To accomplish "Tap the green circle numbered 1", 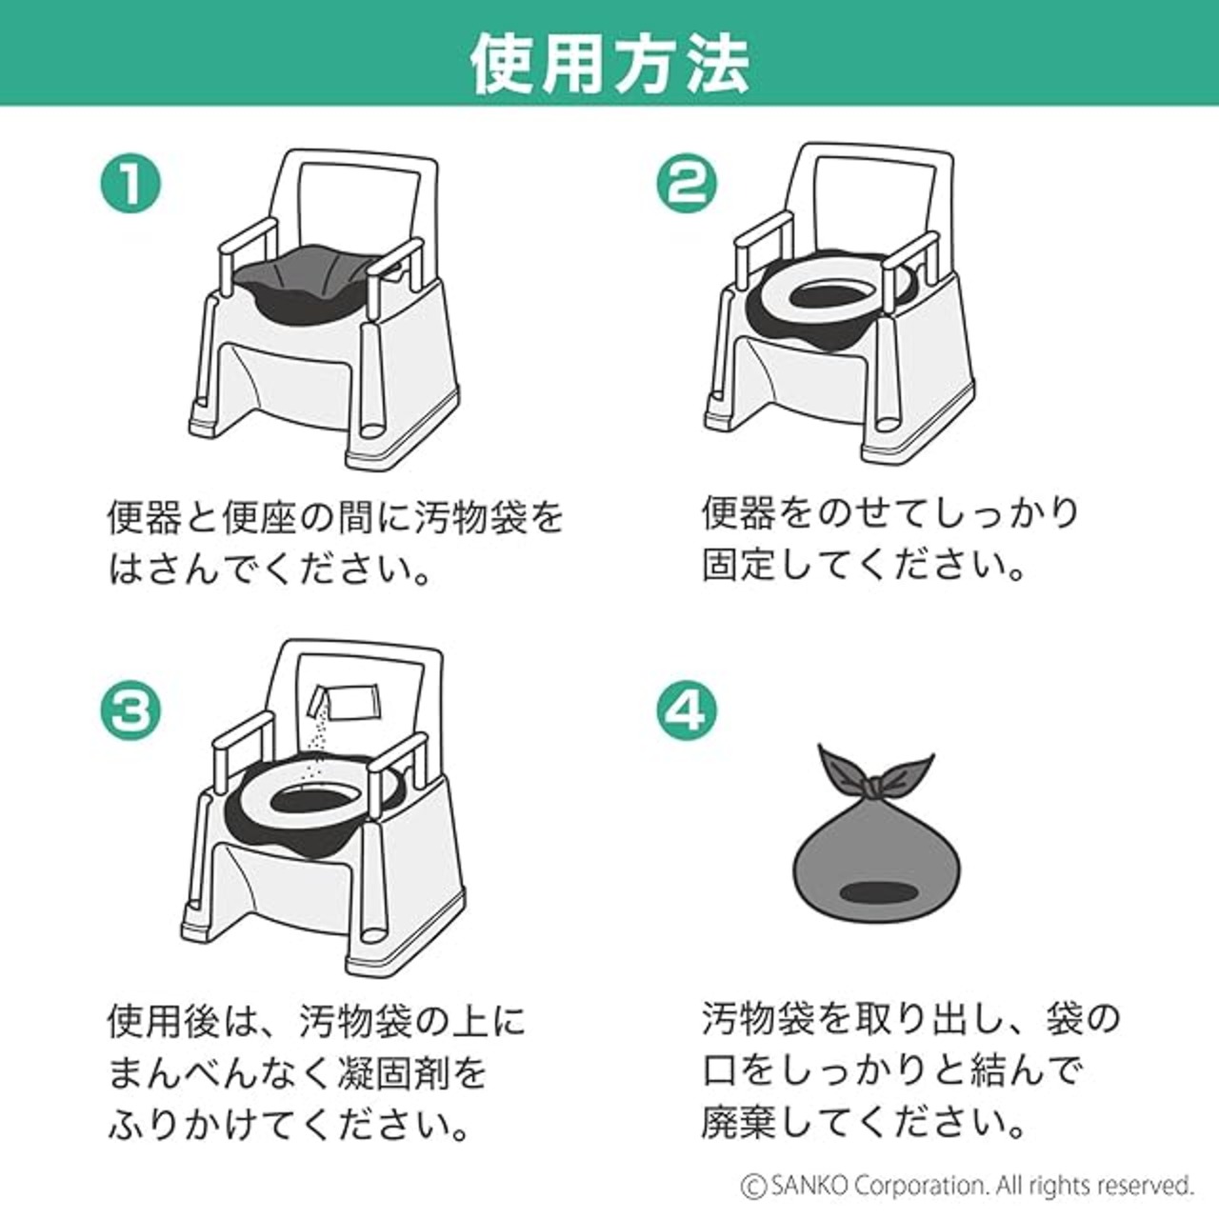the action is (x=130, y=183).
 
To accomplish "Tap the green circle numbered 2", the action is (x=687, y=183).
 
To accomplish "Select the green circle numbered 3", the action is (x=130, y=711).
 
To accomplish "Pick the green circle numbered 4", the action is (x=687, y=711).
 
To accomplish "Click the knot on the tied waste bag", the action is (x=875, y=789).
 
